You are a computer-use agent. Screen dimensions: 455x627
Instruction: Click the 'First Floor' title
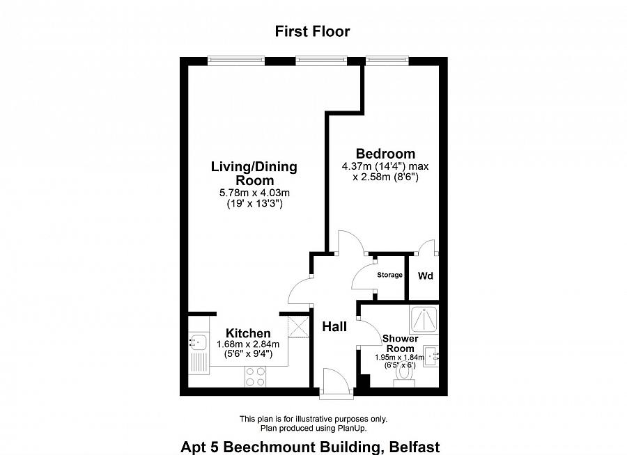coord(312,31)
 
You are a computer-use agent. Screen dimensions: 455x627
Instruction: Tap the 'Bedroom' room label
coord(385,154)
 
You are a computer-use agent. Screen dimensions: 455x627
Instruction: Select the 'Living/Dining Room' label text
coord(254,173)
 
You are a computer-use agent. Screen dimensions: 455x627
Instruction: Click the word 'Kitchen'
coord(248,334)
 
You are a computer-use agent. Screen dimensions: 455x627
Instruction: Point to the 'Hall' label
coord(334,326)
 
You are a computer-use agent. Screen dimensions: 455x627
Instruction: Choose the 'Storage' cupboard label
coord(389,275)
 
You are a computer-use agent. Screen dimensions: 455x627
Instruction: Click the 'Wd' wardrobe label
coord(425,276)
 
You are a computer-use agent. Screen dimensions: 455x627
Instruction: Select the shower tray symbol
coord(424,318)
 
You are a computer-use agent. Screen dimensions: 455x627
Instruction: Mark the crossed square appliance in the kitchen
coord(299,326)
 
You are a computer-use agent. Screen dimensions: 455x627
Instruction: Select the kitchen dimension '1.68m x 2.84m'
coord(248,344)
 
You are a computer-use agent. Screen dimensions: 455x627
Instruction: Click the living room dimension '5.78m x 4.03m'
coord(254,193)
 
